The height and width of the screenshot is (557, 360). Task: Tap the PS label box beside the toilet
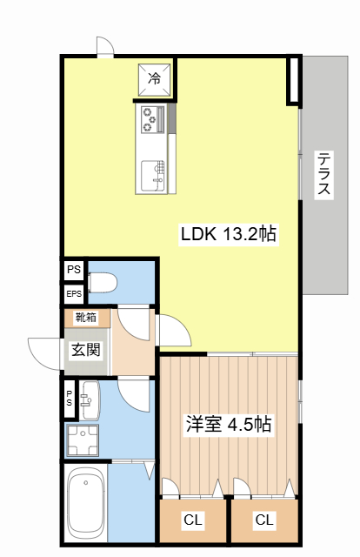pyautogui.click(x=73, y=271)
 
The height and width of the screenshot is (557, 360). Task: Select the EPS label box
pyautogui.click(x=74, y=294)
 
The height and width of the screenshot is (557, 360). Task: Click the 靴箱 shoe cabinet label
pyautogui.click(x=86, y=318)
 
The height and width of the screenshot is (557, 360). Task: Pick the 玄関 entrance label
pyautogui.click(x=85, y=350)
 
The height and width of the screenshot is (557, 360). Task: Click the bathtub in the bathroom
pyautogui.click(x=84, y=505)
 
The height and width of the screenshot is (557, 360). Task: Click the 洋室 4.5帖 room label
pyautogui.click(x=228, y=425)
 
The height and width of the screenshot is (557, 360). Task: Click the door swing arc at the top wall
pyautogui.click(x=104, y=46)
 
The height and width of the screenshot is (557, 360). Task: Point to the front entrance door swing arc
pyautogui.click(x=43, y=351)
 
